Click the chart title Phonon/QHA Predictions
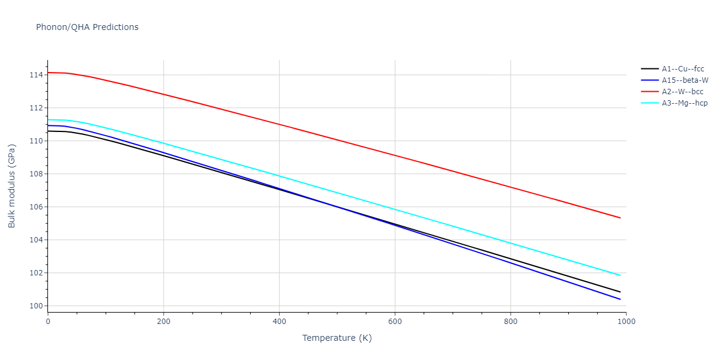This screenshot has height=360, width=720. point(87,27)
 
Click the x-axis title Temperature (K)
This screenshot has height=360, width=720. point(337,338)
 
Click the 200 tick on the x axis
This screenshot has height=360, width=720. point(163,322)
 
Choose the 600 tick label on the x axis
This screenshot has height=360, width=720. point(395,322)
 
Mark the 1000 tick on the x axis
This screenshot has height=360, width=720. point(626,322)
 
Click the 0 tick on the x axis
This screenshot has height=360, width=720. point(48,322)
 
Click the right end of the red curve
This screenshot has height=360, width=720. point(620,218)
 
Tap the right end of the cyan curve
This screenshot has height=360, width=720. point(620,275)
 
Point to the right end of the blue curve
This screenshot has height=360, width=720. point(620,299)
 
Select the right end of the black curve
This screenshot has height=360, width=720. point(620,292)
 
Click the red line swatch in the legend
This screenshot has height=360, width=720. point(650,92)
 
